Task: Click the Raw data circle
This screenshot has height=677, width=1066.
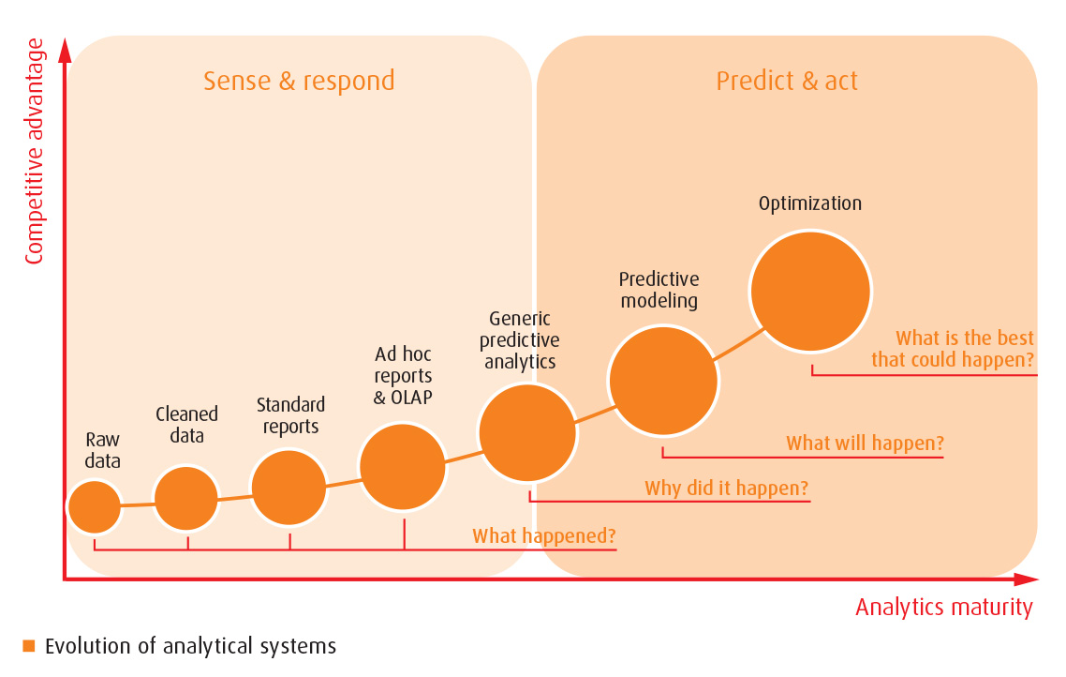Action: [95, 506]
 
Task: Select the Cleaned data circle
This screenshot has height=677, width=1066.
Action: [186, 498]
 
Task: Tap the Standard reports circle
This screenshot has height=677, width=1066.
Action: [289, 488]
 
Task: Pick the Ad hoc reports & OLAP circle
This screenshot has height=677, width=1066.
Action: [403, 466]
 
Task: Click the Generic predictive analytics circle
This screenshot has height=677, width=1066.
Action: [527, 432]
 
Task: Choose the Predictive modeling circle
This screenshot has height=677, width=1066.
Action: [663, 382]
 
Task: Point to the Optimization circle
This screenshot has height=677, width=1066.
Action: [810, 292]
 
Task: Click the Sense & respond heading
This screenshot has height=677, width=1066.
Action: [299, 81]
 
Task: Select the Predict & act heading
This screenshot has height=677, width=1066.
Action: [787, 81]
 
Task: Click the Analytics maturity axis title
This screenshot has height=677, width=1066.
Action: [943, 607]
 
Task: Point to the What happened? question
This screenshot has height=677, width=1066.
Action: [543, 536]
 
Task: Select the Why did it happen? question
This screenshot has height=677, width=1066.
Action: [726, 489]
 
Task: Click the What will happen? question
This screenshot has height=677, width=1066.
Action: [865, 443]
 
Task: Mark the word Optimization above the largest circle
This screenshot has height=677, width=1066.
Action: [809, 203]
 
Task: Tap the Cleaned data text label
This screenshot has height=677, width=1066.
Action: [186, 425]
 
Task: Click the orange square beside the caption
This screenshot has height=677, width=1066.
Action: [28, 645]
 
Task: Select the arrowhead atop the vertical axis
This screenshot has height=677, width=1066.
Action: [65, 50]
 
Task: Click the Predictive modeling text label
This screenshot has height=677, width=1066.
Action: [659, 290]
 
